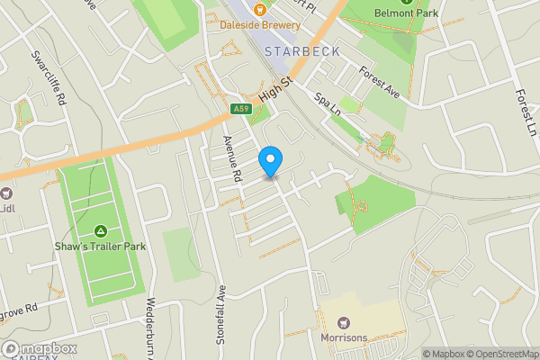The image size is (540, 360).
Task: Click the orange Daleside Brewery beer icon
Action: tap(259, 10)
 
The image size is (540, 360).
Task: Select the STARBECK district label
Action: tap(301, 51)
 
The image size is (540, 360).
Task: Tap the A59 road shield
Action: tap(239, 109)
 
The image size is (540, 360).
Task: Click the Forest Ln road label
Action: tap(525, 112)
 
